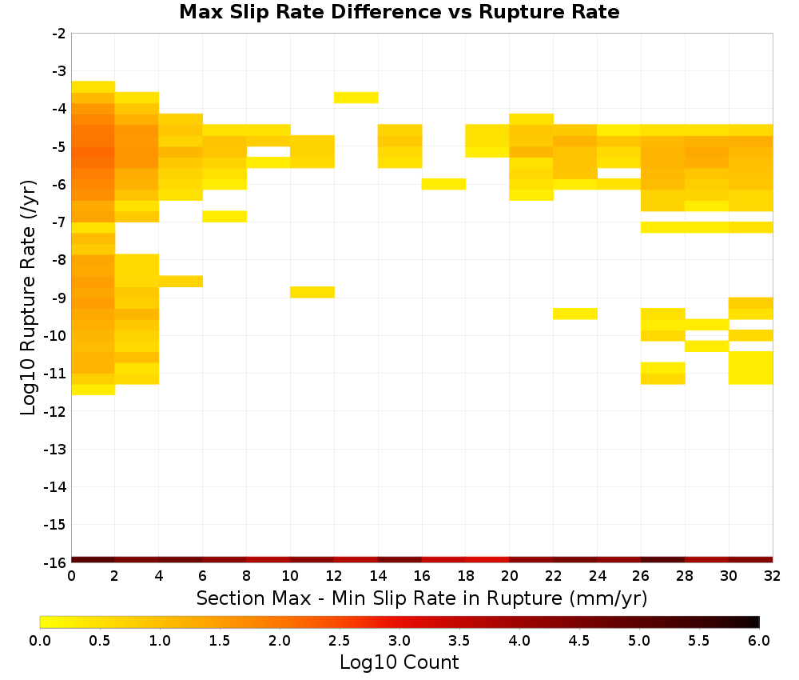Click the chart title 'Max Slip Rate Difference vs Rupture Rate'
coord(399,12)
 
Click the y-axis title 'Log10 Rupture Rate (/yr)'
coord(28,298)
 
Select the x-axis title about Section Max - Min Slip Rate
coord(422,598)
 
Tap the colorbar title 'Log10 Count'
coord(399,662)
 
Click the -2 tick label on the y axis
coord(59,34)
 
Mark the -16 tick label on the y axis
coord(55,562)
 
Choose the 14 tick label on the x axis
coord(378,576)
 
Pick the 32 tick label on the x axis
coord(773,576)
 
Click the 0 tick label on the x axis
coord(71,576)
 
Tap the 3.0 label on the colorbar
coord(399,640)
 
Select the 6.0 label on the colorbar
coord(759,640)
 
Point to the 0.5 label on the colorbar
coord(99,640)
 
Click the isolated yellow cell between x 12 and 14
coord(356,98)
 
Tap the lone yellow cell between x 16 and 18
coord(443,184)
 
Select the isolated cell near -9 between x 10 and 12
coord(312,292)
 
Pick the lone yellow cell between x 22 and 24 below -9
coord(575,314)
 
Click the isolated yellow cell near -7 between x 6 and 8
coord(225,216)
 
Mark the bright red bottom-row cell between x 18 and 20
coord(487,560)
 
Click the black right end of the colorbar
coord(757,622)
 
